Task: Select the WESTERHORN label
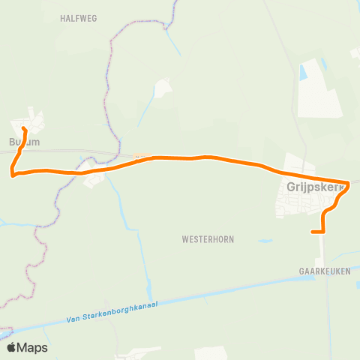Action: point(208,240)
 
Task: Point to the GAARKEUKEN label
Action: point(325,274)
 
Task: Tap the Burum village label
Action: point(24,142)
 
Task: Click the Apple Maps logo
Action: point(26,347)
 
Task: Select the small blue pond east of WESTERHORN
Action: point(265,241)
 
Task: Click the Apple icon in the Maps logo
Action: point(11,346)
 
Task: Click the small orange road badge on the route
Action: point(137,157)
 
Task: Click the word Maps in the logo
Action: point(32,347)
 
